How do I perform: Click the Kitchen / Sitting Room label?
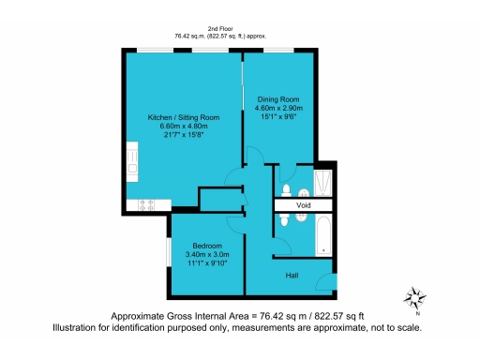point(184,117)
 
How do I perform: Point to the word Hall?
point(293,275)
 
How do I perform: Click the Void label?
point(303,204)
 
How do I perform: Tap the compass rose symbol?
point(413,299)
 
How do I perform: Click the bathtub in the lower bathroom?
point(322,233)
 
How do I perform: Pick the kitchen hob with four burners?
point(147,203)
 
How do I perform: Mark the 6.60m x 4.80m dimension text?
point(184,126)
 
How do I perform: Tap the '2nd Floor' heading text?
point(219,29)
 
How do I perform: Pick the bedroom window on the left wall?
point(169,249)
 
